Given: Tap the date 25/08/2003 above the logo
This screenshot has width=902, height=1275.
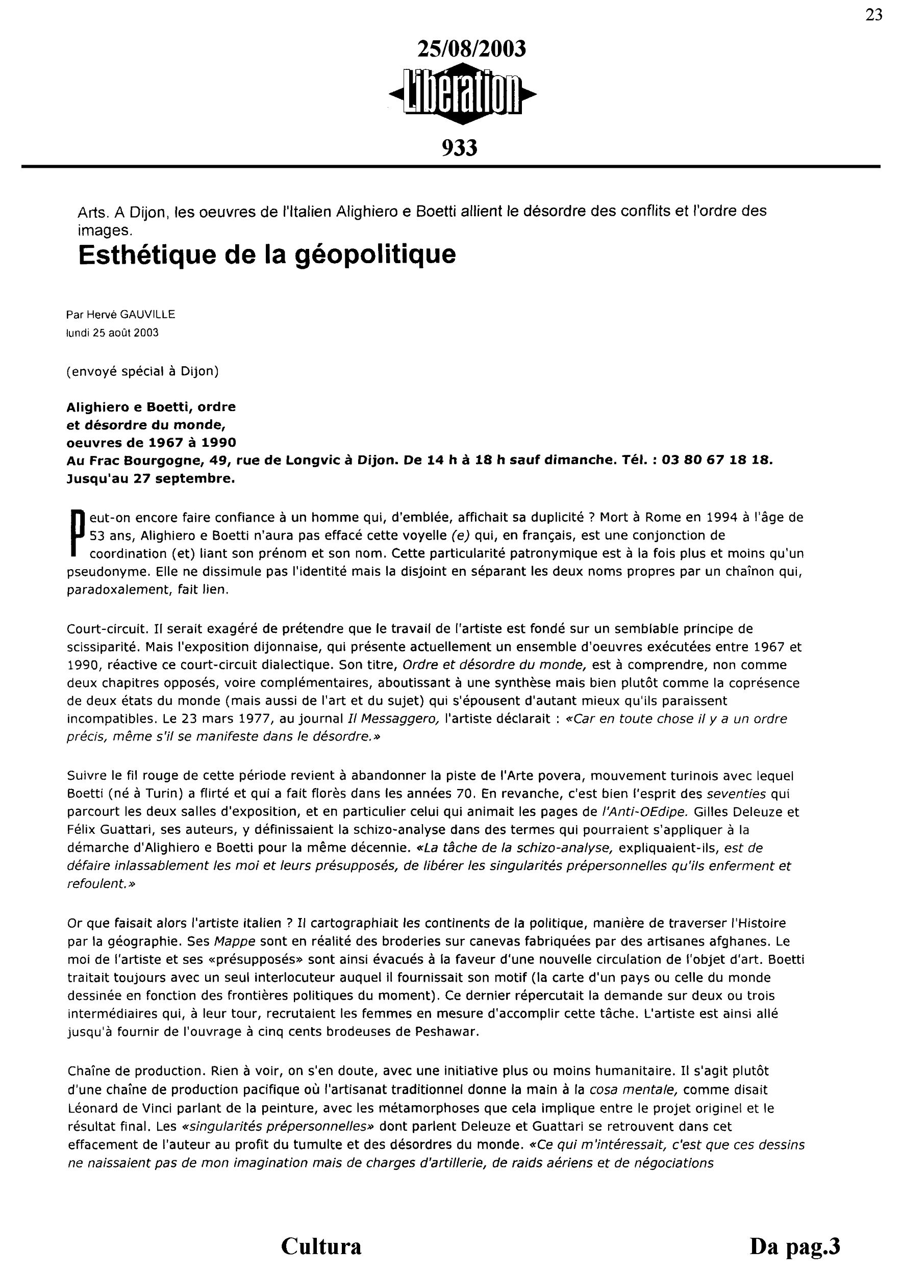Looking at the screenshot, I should [471, 49].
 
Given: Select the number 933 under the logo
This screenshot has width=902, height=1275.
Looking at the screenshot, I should [459, 148].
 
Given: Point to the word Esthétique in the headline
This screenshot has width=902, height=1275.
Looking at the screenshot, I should [146, 255].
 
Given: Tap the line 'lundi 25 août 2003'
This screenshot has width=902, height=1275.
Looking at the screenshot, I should [112, 333].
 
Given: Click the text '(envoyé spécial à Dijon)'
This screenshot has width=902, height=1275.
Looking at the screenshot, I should [142, 371].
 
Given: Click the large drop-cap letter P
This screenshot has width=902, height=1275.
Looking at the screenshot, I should [77, 533].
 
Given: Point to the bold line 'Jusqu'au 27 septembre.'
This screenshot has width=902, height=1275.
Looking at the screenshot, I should [151, 478].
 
